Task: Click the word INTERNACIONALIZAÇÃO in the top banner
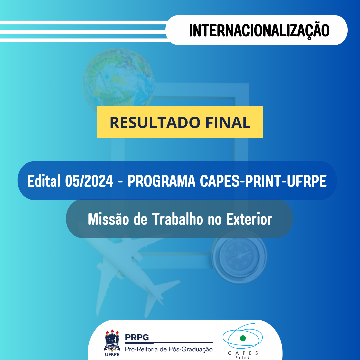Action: point(259,30)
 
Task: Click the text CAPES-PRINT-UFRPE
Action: point(263,181)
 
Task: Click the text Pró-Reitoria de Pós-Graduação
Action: point(168,349)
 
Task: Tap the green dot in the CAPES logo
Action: point(243,338)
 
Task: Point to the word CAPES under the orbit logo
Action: point(243,353)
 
